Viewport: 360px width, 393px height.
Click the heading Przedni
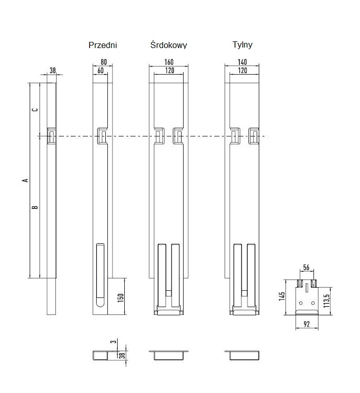pyautogui.click(x=103, y=45)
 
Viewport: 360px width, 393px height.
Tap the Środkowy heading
pyautogui.click(x=169, y=45)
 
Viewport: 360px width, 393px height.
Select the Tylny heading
pyautogui.click(x=242, y=45)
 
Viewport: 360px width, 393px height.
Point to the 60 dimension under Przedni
pyautogui.click(x=100, y=71)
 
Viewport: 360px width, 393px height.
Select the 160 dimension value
pyautogui.click(x=169, y=61)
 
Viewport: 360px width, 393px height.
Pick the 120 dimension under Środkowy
pyautogui.click(x=169, y=71)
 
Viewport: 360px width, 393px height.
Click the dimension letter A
pyautogui.click(x=24, y=180)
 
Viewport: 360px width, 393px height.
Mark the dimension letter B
pyautogui.click(x=35, y=207)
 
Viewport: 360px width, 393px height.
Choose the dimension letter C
pyautogui.click(x=35, y=110)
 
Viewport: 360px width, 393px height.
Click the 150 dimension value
pyautogui.click(x=121, y=298)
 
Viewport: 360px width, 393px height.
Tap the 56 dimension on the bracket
pyautogui.click(x=306, y=267)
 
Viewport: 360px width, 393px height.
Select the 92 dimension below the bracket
pyautogui.click(x=306, y=323)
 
